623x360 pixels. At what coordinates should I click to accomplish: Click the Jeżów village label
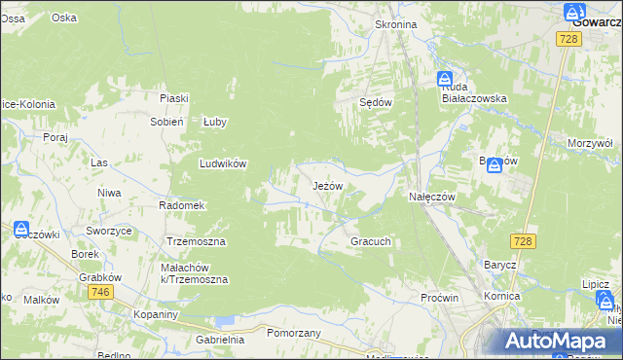coord(327,185)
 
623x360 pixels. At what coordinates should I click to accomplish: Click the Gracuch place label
coord(370,240)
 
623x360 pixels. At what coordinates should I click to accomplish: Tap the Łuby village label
coord(214,122)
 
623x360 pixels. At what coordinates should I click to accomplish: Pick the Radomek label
coord(181,205)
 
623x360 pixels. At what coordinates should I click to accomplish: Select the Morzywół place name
coord(590,143)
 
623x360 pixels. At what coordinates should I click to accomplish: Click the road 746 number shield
coord(99,292)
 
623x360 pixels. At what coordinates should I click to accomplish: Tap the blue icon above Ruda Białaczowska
coord(444,78)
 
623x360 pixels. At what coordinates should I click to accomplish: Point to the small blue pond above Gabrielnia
coord(225,320)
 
